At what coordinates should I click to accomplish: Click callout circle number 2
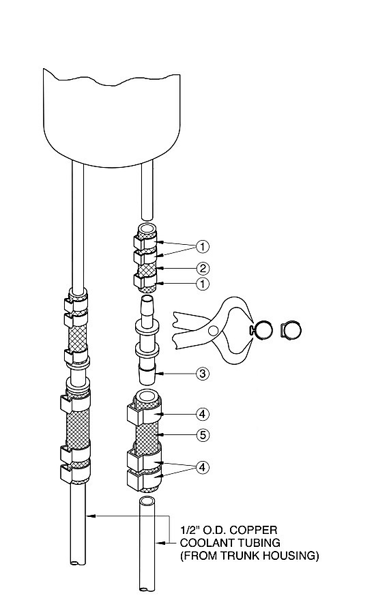tap(203, 269)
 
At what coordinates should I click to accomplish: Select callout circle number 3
tap(203, 374)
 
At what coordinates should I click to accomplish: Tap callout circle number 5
tap(203, 434)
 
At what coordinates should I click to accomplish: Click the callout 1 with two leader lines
tap(203, 247)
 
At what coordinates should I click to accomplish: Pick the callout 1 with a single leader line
tap(203, 284)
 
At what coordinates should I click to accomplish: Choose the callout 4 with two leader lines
tap(203, 467)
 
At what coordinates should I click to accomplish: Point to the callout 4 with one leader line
tap(203, 413)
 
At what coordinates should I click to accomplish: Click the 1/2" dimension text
tap(189, 530)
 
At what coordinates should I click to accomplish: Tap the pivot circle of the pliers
tap(214, 330)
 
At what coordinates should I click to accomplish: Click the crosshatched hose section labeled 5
tap(147, 434)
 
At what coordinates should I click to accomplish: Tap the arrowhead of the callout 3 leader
tap(161, 374)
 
